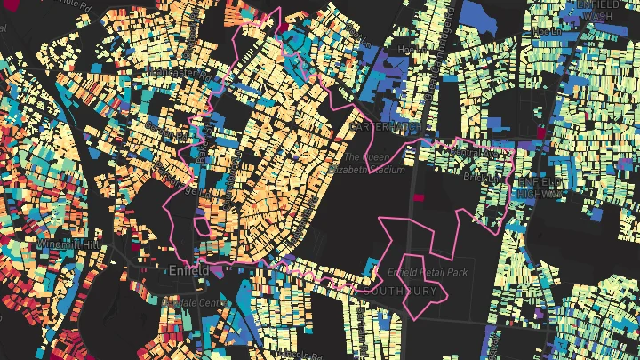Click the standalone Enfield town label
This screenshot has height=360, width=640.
tap(188, 268)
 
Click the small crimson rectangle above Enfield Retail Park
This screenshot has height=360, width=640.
tap(419, 197)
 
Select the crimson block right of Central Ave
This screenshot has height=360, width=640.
tap(539, 132)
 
